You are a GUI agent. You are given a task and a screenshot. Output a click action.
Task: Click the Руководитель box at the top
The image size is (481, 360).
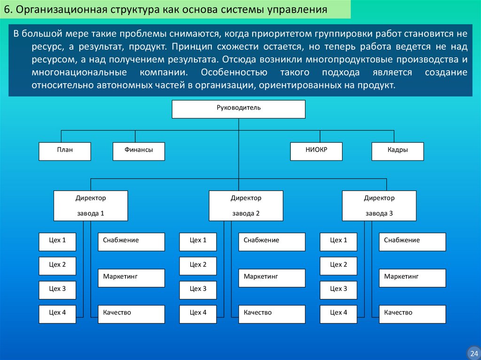click(239, 109)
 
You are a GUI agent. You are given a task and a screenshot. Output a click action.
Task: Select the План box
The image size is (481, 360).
click(64, 151)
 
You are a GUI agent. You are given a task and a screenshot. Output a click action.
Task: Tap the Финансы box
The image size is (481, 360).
click(139, 151)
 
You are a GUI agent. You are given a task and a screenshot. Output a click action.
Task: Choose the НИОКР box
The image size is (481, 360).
click(316, 151)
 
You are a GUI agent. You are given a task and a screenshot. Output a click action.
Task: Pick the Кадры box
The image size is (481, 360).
click(397, 151)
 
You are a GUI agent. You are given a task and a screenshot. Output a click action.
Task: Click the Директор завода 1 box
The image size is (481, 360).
click(91, 206)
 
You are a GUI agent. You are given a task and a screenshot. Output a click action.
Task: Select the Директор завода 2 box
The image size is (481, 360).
click(246, 206)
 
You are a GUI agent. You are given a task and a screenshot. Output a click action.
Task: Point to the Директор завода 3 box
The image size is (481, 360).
click(379, 206)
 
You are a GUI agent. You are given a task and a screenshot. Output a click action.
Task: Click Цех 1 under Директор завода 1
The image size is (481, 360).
click(57, 242)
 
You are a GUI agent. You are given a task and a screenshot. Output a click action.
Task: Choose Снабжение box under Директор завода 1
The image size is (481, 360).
click(131, 242)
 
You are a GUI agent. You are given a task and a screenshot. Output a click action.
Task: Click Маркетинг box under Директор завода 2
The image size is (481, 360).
click(272, 278)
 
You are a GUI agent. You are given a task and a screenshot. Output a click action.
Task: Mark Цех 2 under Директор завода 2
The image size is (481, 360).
click(198, 266)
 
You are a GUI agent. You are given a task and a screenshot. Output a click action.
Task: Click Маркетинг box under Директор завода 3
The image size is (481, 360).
click(412, 278)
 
